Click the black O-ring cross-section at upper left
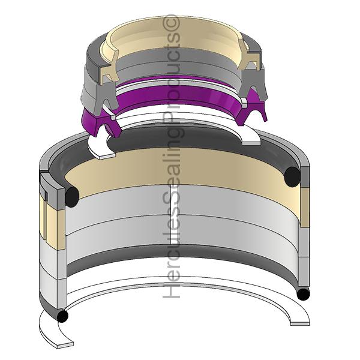[72, 197]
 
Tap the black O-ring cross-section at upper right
[292, 177]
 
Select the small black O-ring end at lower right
[303, 295]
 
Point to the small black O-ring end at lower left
[62, 316]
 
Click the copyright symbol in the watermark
[171, 22]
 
